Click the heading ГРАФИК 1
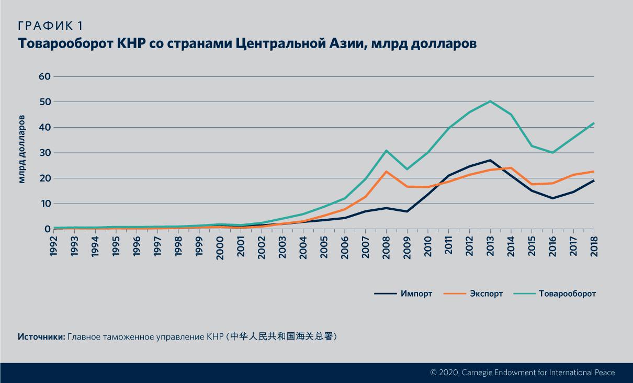pyautogui.click(x=51, y=26)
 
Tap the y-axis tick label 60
pyautogui.click(x=44, y=76)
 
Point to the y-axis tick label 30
pyautogui.click(x=44, y=153)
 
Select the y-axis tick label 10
pyautogui.click(x=44, y=204)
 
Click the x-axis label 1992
pyautogui.click(x=53, y=246)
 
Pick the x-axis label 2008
pyautogui.click(x=386, y=246)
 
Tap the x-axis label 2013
pyautogui.click(x=490, y=246)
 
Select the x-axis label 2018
pyautogui.click(x=594, y=246)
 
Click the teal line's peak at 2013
pyautogui.click(x=490, y=101)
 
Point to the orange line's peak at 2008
pyautogui.click(x=386, y=172)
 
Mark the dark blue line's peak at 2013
pyautogui.click(x=490, y=160)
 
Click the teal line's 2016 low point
pyautogui.click(x=552, y=153)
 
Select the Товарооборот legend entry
pyautogui.click(x=567, y=294)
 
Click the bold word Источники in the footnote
pyautogui.click(x=41, y=336)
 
